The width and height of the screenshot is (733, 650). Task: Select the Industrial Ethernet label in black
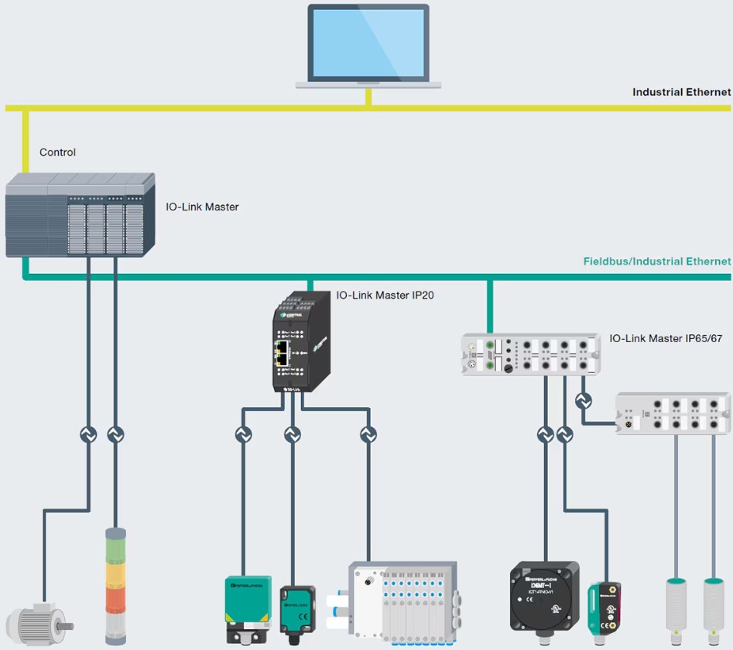pyautogui.click(x=681, y=92)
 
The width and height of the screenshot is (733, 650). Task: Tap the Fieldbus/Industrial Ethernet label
pyautogui.click(x=656, y=262)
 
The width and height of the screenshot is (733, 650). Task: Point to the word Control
pyautogui.click(x=58, y=152)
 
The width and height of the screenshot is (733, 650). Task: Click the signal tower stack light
pyautogui.click(x=115, y=580)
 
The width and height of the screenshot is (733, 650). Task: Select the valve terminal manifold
pyautogui.click(x=402, y=599)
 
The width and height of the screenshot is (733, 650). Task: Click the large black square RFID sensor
pyautogui.click(x=544, y=596)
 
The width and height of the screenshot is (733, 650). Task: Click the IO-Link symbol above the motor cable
pyautogui.click(x=88, y=435)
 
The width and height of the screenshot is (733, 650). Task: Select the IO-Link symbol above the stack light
pyautogui.click(x=115, y=435)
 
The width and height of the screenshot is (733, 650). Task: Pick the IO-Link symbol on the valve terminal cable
pyautogui.click(x=368, y=435)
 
